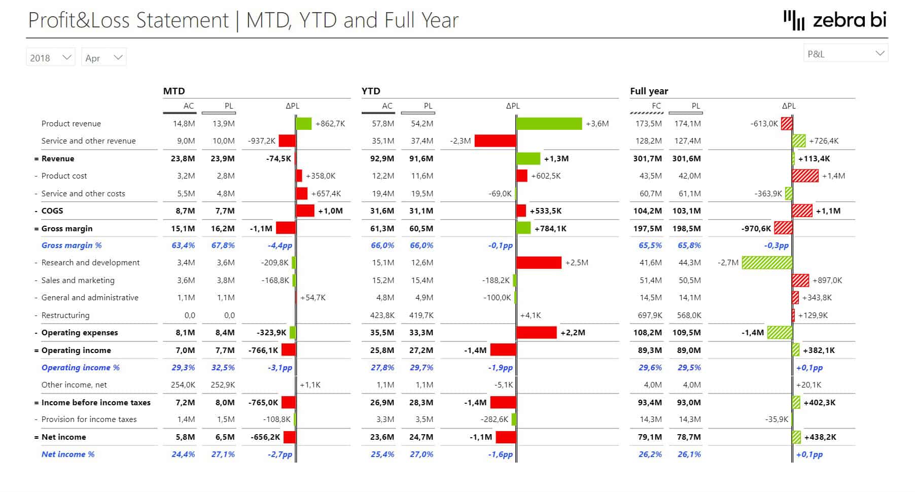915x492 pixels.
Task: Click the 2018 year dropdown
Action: [x=50, y=57]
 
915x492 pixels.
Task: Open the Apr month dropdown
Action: [x=103, y=57]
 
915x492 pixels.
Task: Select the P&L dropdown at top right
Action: [x=845, y=53]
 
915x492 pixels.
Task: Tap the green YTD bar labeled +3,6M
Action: [x=549, y=124]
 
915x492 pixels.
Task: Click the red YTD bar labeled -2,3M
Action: [x=495, y=141]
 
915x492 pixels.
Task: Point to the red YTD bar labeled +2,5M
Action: [x=539, y=263]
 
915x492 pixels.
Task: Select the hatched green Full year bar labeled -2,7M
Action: [x=766, y=263]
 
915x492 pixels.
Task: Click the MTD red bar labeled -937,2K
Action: [x=287, y=141]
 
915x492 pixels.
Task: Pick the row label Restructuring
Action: [x=65, y=315]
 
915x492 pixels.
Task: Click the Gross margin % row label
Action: [x=72, y=245]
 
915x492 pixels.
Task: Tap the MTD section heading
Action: [x=174, y=91]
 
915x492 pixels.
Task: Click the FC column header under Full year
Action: [x=656, y=106]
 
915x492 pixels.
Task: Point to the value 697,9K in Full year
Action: [x=650, y=315]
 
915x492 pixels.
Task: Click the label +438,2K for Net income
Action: [x=820, y=437]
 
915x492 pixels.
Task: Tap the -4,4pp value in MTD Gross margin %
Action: [x=280, y=245]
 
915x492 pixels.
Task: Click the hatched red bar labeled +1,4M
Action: [x=805, y=176]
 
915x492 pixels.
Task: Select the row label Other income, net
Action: [x=74, y=385]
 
